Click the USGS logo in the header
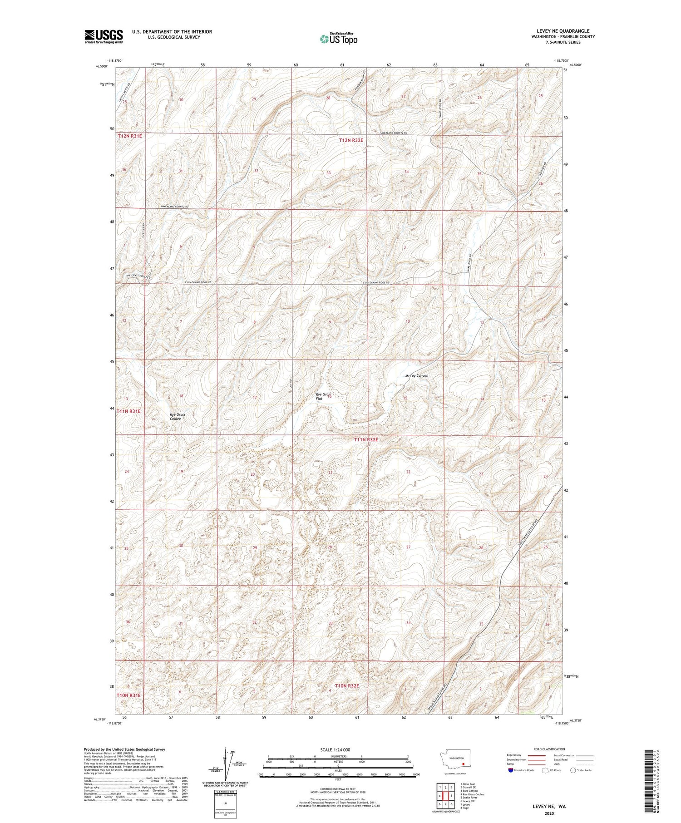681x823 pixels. pyautogui.click(x=104, y=36)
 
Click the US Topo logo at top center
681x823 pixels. pyautogui.click(x=338, y=39)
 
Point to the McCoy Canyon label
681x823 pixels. pyautogui.click(x=416, y=375)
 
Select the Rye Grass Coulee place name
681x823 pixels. pyautogui.click(x=177, y=416)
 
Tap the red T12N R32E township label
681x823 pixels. pyautogui.click(x=351, y=140)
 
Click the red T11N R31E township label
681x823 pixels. pyautogui.click(x=128, y=411)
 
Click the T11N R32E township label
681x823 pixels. pyautogui.click(x=366, y=439)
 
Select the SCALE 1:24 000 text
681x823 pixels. pyautogui.click(x=338, y=749)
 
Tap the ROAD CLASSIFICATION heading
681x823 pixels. pyautogui.click(x=549, y=749)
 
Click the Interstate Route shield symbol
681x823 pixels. pyautogui.click(x=510, y=770)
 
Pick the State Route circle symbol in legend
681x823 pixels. pyautogui.click(x=573, y=770)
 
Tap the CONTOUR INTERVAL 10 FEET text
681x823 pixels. pyautogui.click(x=338, y=789)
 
